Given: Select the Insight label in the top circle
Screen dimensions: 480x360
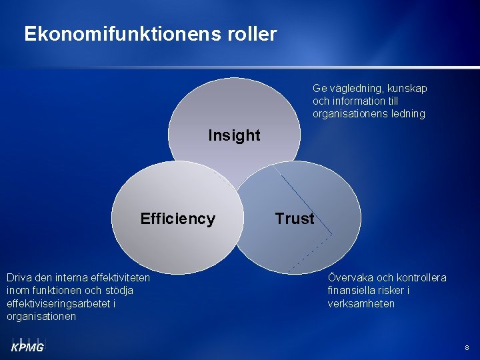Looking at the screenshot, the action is [x=234, y=135].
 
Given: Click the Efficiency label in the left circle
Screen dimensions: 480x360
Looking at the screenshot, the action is [x=178, y=219].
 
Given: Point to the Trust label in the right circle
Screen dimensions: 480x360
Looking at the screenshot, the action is [x=295, y=219].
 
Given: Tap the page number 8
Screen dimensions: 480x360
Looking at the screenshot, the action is [x=467, y=348].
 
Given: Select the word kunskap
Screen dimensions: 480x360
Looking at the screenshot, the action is [x=406, y=88].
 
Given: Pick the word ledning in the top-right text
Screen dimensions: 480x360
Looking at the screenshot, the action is [x=409, y=114].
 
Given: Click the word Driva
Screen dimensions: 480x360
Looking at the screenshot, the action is [x=19, y=277].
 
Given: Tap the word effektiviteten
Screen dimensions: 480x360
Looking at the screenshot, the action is [x=116, y=277].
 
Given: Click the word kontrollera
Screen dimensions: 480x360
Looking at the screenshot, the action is [x=421, y=277].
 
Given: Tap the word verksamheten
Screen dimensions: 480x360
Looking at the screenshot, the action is [x=361, y=303].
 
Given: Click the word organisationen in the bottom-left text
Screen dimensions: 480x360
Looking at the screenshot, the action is [x=41, y=317].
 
